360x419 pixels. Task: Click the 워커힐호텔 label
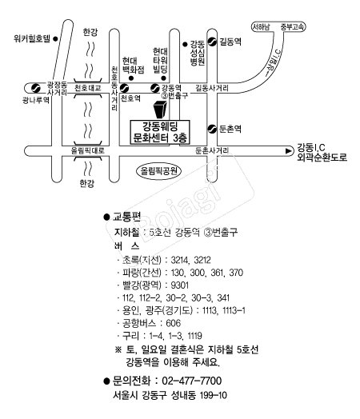click(32, 38)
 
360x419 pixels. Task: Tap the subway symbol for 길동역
click(212, 42)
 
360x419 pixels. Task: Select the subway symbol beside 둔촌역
click(212, 129)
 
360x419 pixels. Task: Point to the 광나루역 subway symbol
click(35, 88)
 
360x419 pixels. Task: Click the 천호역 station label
click(130, 98)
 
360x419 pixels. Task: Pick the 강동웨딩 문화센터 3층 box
click(160, 132)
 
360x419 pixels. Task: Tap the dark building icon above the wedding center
click(161, 110)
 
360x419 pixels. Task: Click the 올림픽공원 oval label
click(158, 171)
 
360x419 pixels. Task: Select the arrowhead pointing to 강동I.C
click(289, 151)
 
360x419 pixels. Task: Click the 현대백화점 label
click(133, 66)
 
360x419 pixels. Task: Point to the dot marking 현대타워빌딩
click(163, 78)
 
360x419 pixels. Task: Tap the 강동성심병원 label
click(198, 53)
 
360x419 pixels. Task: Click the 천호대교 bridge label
click(88, 88)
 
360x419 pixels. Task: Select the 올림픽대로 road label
click(88, 150)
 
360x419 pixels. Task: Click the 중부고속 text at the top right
click(292, 27)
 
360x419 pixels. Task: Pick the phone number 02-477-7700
click(192, 381)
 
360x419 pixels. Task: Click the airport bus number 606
click(173, 323)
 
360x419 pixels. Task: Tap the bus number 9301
click(179, 285)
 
